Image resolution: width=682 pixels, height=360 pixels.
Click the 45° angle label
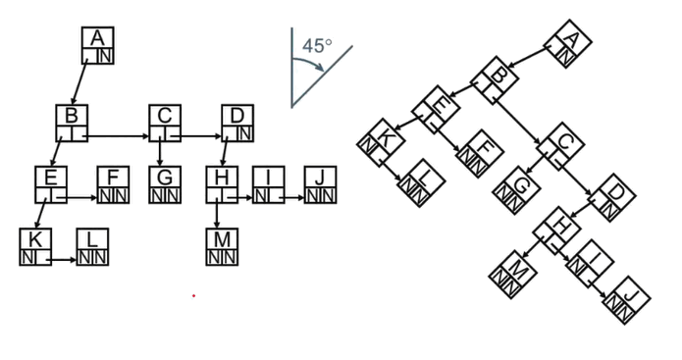click(317, 45)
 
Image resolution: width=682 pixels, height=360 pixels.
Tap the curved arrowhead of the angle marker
click(321, 67)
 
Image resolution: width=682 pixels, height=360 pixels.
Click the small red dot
click(193, 295)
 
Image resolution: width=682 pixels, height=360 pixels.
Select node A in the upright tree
click(98, 45)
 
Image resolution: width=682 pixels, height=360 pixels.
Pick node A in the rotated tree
click(568, 44)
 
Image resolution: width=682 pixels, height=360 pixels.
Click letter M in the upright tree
click(222, 239)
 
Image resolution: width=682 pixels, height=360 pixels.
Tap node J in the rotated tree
click(627, 300)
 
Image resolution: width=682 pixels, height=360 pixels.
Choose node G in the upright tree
click(165, 184)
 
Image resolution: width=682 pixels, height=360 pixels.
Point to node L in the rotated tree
click(421, 183)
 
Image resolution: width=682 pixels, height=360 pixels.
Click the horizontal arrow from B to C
click(118, 136)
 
